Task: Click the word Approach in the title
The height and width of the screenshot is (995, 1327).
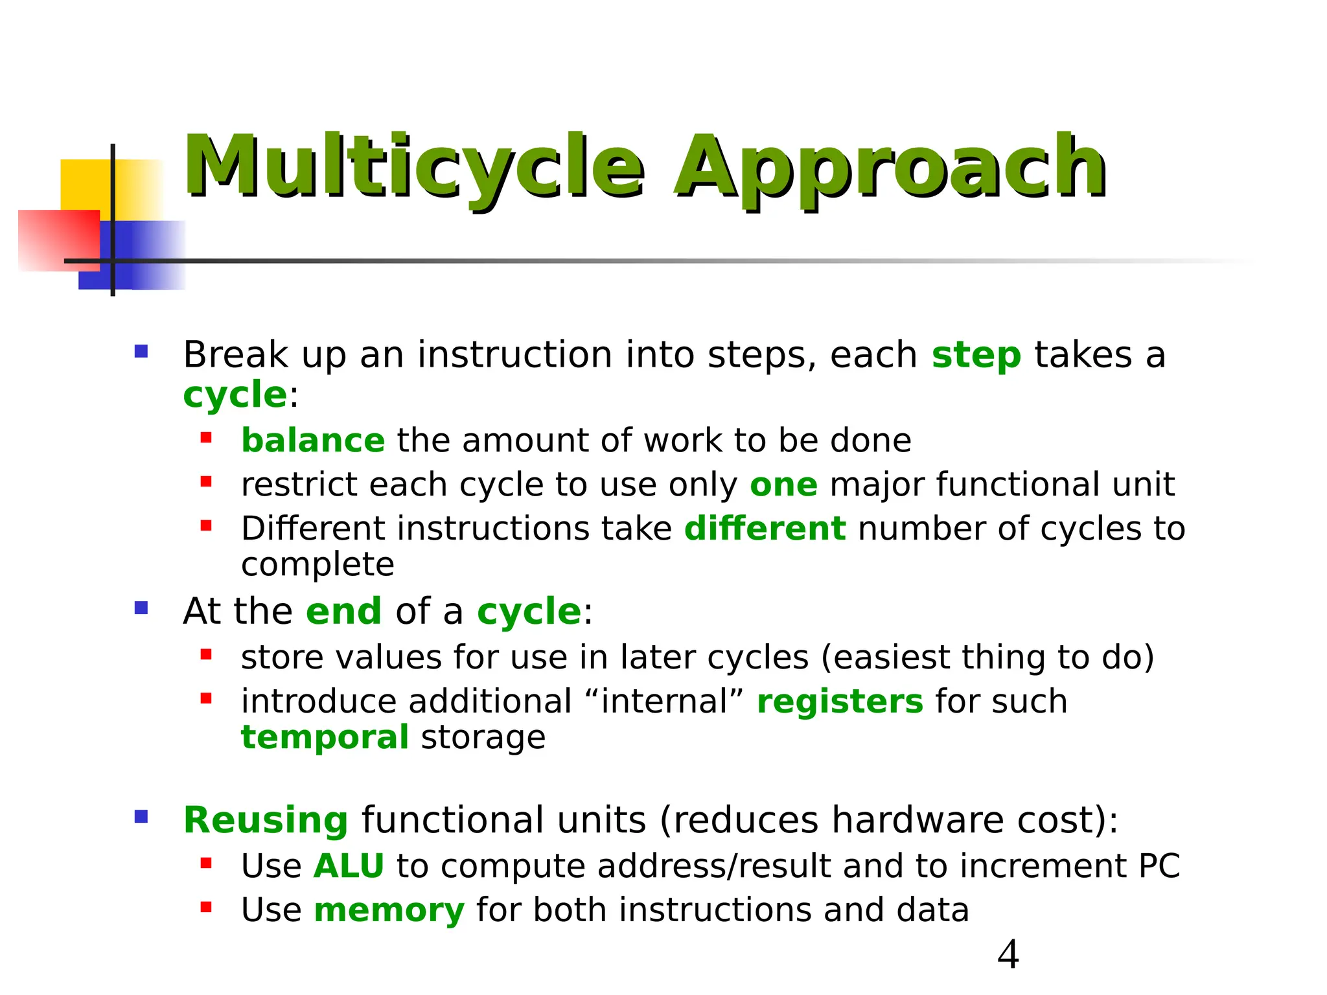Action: [890, 167]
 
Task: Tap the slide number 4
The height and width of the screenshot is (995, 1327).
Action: [1008, 955]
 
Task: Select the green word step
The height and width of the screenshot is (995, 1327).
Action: [976, 356]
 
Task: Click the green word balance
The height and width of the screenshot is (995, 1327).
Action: [313, 441]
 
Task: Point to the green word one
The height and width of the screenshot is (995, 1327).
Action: [783, 485]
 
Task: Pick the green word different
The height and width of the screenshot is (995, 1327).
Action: [765, 529]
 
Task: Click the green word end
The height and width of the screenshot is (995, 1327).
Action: [343, 612]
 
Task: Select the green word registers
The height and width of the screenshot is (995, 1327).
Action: [840, 702]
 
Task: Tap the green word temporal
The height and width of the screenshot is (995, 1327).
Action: [325, 738]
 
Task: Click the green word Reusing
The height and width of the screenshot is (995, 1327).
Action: [266, 821]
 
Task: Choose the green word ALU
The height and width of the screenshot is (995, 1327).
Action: [349, 867]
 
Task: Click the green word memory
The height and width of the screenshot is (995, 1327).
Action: [389, 911]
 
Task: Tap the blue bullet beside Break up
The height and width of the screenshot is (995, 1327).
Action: [141, 352]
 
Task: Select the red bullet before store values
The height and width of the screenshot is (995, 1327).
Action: [206, 655]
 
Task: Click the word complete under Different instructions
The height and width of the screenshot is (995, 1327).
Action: [317, 565]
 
